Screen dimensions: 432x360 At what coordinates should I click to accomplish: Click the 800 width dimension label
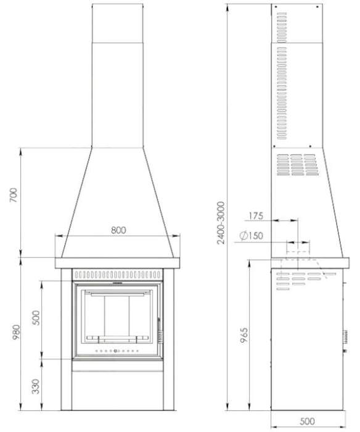coord(118,230)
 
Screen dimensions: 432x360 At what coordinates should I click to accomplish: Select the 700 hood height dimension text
coord(14,196)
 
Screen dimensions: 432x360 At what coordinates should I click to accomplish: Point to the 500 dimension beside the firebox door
coord(36,318)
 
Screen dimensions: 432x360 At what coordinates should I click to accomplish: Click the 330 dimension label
coord(36,387)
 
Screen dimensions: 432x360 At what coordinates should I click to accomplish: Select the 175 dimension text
coord(255,216)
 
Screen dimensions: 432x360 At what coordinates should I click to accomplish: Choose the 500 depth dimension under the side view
coord(306,422)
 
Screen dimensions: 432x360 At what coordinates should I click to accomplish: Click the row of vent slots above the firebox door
coord(117,273)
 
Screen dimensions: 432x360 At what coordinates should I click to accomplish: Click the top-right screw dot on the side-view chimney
coord(317,13)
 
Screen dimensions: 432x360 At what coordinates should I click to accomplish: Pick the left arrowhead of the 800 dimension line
coord(58,236)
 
